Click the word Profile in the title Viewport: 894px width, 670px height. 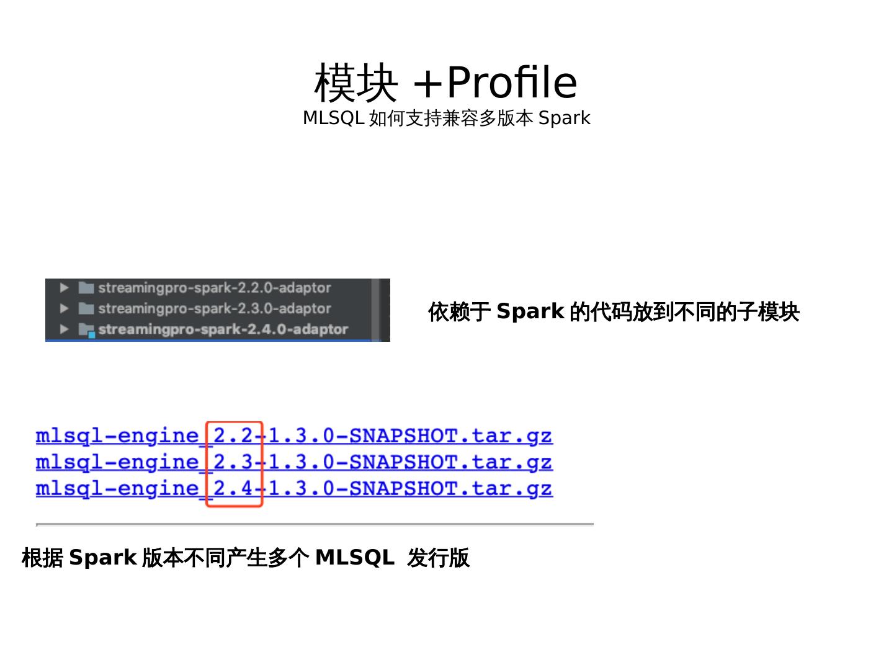click(512, 83)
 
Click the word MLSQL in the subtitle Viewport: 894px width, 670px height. click(333, 118)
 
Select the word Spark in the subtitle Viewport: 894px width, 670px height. click(564, 118)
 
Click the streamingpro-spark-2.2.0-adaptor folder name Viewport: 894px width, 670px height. click(214, 288)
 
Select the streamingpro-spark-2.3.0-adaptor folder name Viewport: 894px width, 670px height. click(214, 308)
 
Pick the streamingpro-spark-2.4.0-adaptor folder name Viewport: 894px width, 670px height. click(223, 329)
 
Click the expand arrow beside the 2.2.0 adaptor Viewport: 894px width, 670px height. click(64, 288)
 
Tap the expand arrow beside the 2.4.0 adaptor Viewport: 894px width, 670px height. click(64, 329)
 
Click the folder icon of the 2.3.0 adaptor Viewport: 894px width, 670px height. click(86, 308)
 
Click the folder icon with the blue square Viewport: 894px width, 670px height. click(87, 330)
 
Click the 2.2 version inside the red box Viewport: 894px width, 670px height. click(233, 435)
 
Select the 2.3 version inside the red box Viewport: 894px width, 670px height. click(233, 462)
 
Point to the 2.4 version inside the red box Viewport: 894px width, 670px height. click(233, 489)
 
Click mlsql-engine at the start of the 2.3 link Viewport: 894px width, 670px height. click(117, 462)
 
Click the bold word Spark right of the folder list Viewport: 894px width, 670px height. click(530, 311)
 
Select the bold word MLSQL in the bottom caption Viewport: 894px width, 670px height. click(354, 558)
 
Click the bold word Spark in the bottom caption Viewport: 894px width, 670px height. click(102, 558)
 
